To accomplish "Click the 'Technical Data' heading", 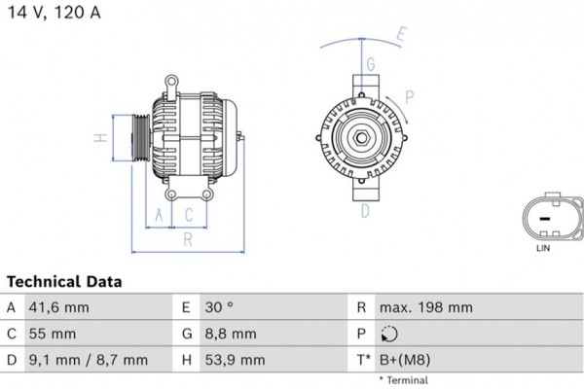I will (x=63, y=282).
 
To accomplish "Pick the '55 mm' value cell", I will (x=54, y=334).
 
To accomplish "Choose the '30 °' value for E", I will (x=220, y=307).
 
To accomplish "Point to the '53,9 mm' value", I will (x=234, y=360).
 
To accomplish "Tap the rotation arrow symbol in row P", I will (x=391, y=334).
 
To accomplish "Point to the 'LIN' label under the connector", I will (x=545, y=249).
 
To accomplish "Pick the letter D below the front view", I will (x=364, y=210).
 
